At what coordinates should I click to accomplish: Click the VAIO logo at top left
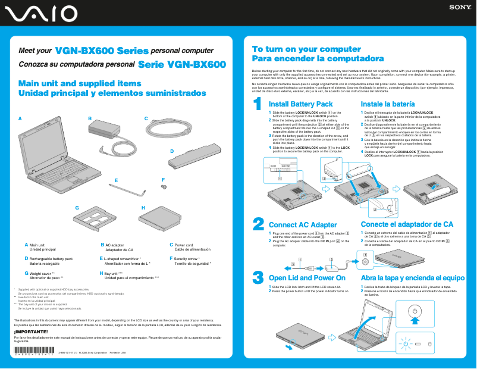(39, 13)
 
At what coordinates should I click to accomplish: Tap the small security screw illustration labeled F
(162, 187)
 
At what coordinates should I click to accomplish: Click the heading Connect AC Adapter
(303, 224)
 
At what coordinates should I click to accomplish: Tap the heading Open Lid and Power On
(307, 278)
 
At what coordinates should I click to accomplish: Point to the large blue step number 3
(258, 277)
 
